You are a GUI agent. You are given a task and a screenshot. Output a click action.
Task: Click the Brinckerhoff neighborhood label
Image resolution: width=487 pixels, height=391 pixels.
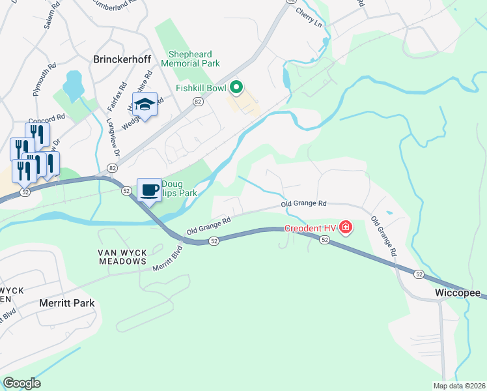[x=122, y=59]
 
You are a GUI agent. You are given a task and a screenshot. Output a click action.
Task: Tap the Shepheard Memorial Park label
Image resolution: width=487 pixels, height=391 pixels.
[x=194, y=59]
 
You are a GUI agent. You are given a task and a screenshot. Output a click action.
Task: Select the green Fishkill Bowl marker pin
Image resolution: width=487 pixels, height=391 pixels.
[x=237, y=87]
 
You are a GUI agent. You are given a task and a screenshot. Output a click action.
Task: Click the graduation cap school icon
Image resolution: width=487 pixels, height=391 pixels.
[x=145, y=104]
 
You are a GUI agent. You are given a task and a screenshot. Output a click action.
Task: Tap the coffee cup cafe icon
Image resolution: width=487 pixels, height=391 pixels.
[x=149, y=190]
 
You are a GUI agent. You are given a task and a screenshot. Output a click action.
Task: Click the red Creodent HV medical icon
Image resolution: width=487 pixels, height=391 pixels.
[x=346, y=228]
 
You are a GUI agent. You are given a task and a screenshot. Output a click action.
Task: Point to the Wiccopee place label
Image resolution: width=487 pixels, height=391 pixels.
[x=458, y=294]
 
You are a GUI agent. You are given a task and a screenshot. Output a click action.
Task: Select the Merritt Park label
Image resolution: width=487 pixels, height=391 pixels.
[x=67, y=303]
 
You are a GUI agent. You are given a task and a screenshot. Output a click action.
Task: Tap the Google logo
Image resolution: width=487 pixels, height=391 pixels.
[x=21, y=383]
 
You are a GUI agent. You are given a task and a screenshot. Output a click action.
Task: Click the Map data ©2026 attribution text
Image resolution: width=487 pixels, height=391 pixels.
[x=459, y=386]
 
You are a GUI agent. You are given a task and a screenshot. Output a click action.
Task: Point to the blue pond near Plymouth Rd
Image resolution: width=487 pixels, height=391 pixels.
[x=73, y=83]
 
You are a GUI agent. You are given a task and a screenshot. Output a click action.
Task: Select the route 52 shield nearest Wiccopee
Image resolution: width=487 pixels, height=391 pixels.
[x=419, y=274]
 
